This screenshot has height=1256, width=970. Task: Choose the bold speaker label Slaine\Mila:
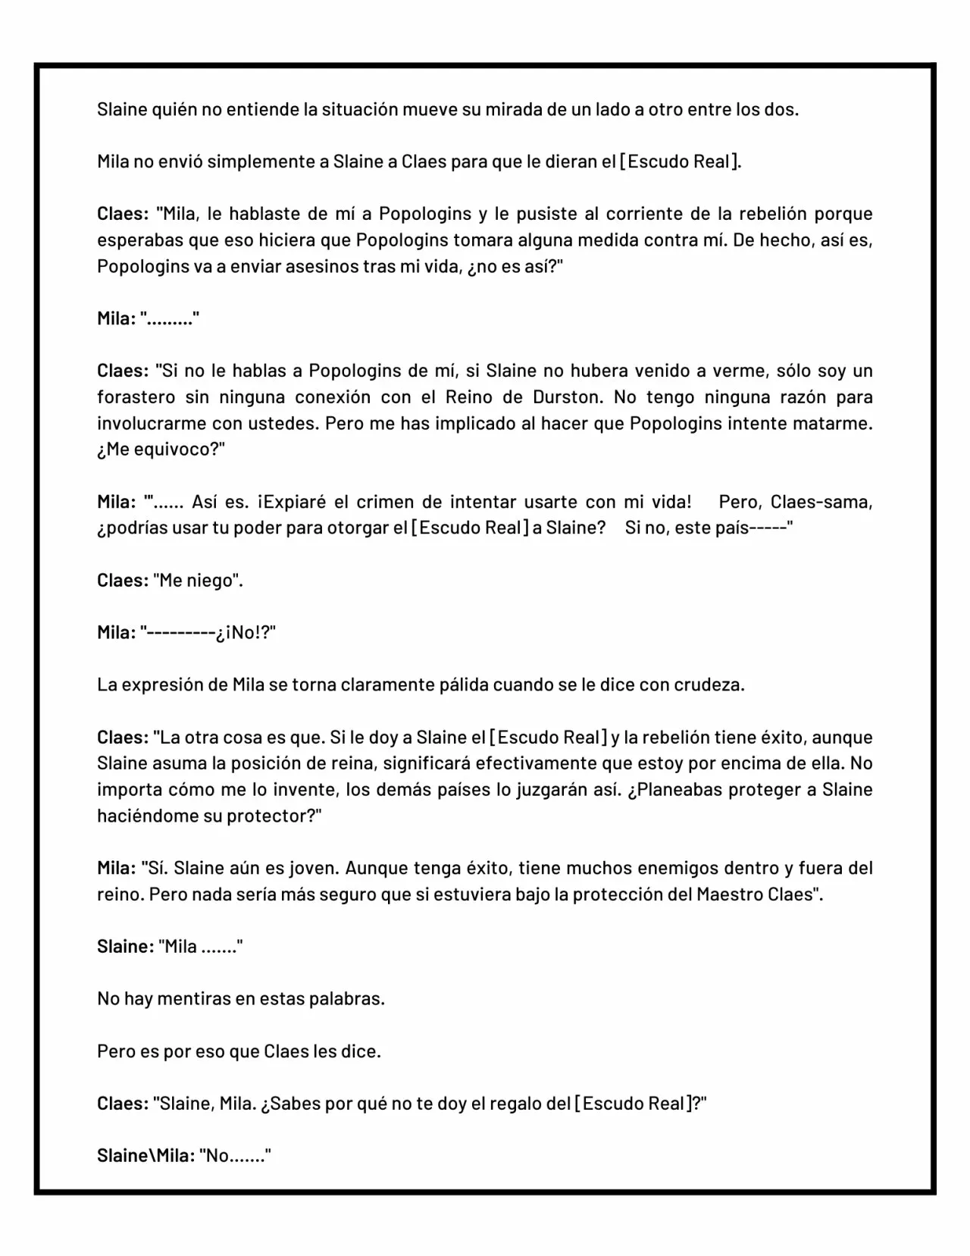[145, 1156]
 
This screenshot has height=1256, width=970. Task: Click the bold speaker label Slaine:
[125, 947]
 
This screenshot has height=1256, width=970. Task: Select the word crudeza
[707, 685]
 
